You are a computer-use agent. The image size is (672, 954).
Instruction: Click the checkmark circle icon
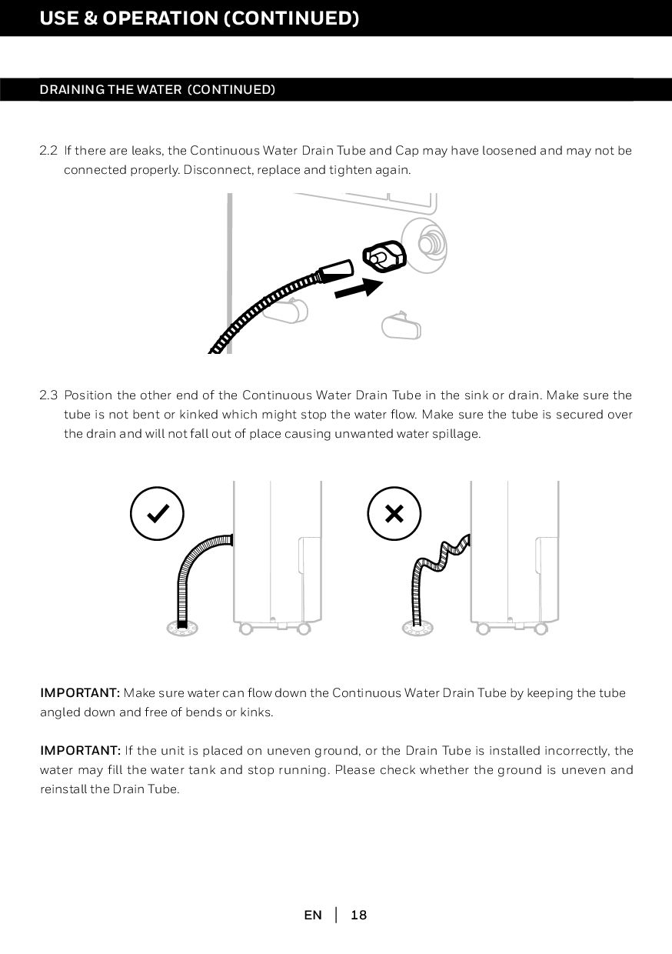tap(157, 513)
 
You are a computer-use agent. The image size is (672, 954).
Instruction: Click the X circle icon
tap(394, 513)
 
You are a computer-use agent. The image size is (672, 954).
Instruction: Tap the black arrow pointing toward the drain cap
tap(358, 289)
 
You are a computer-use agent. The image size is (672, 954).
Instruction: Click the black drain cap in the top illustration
tap(384, 256)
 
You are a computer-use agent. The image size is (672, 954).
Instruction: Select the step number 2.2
tap(48, 150)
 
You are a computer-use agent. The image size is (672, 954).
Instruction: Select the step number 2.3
tap(48, 395)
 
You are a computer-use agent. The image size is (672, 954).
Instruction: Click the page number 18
tap(358, 916)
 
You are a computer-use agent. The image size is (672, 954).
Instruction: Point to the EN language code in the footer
tap(313, 916)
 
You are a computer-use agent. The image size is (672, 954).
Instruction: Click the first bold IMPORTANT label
tap(81, 693)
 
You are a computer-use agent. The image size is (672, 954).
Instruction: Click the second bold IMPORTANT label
tap(81, 750)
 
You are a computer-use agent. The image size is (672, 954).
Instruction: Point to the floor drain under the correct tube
tap(182, 629)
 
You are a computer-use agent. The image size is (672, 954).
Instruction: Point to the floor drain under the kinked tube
tap(417, 629)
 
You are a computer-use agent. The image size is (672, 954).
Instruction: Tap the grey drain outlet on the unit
tap(424, 244)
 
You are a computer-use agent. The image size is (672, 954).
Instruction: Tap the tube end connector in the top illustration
tap(336, 271)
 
